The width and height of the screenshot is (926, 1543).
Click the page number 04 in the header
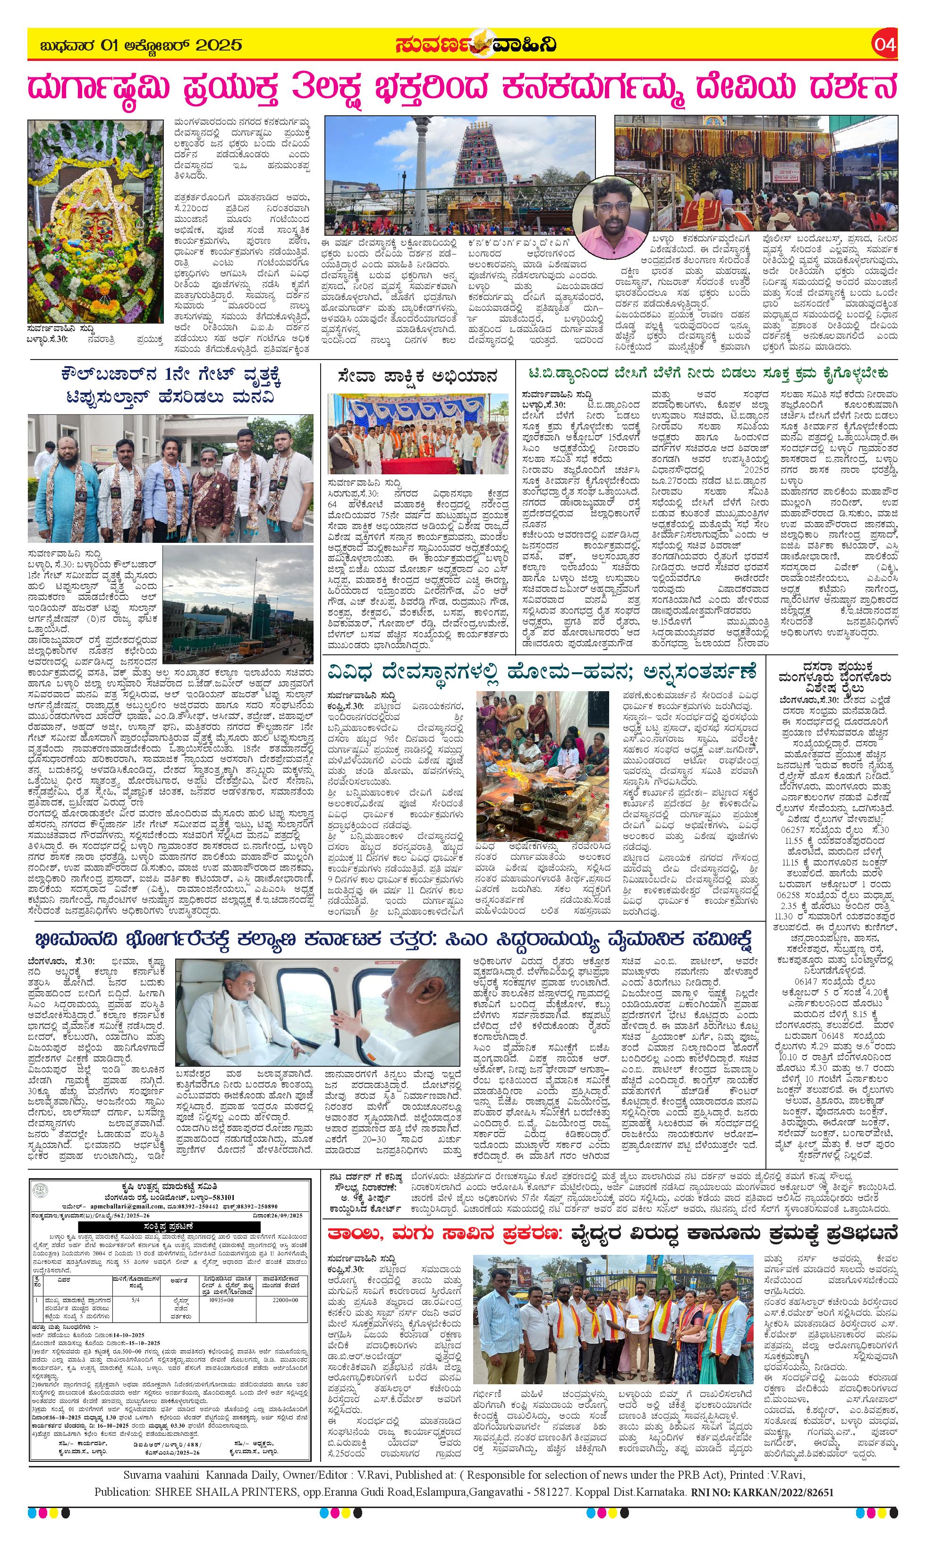[885, 45]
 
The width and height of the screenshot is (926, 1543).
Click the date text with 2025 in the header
[140, 45]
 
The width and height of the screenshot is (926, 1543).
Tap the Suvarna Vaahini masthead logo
[474, 45]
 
